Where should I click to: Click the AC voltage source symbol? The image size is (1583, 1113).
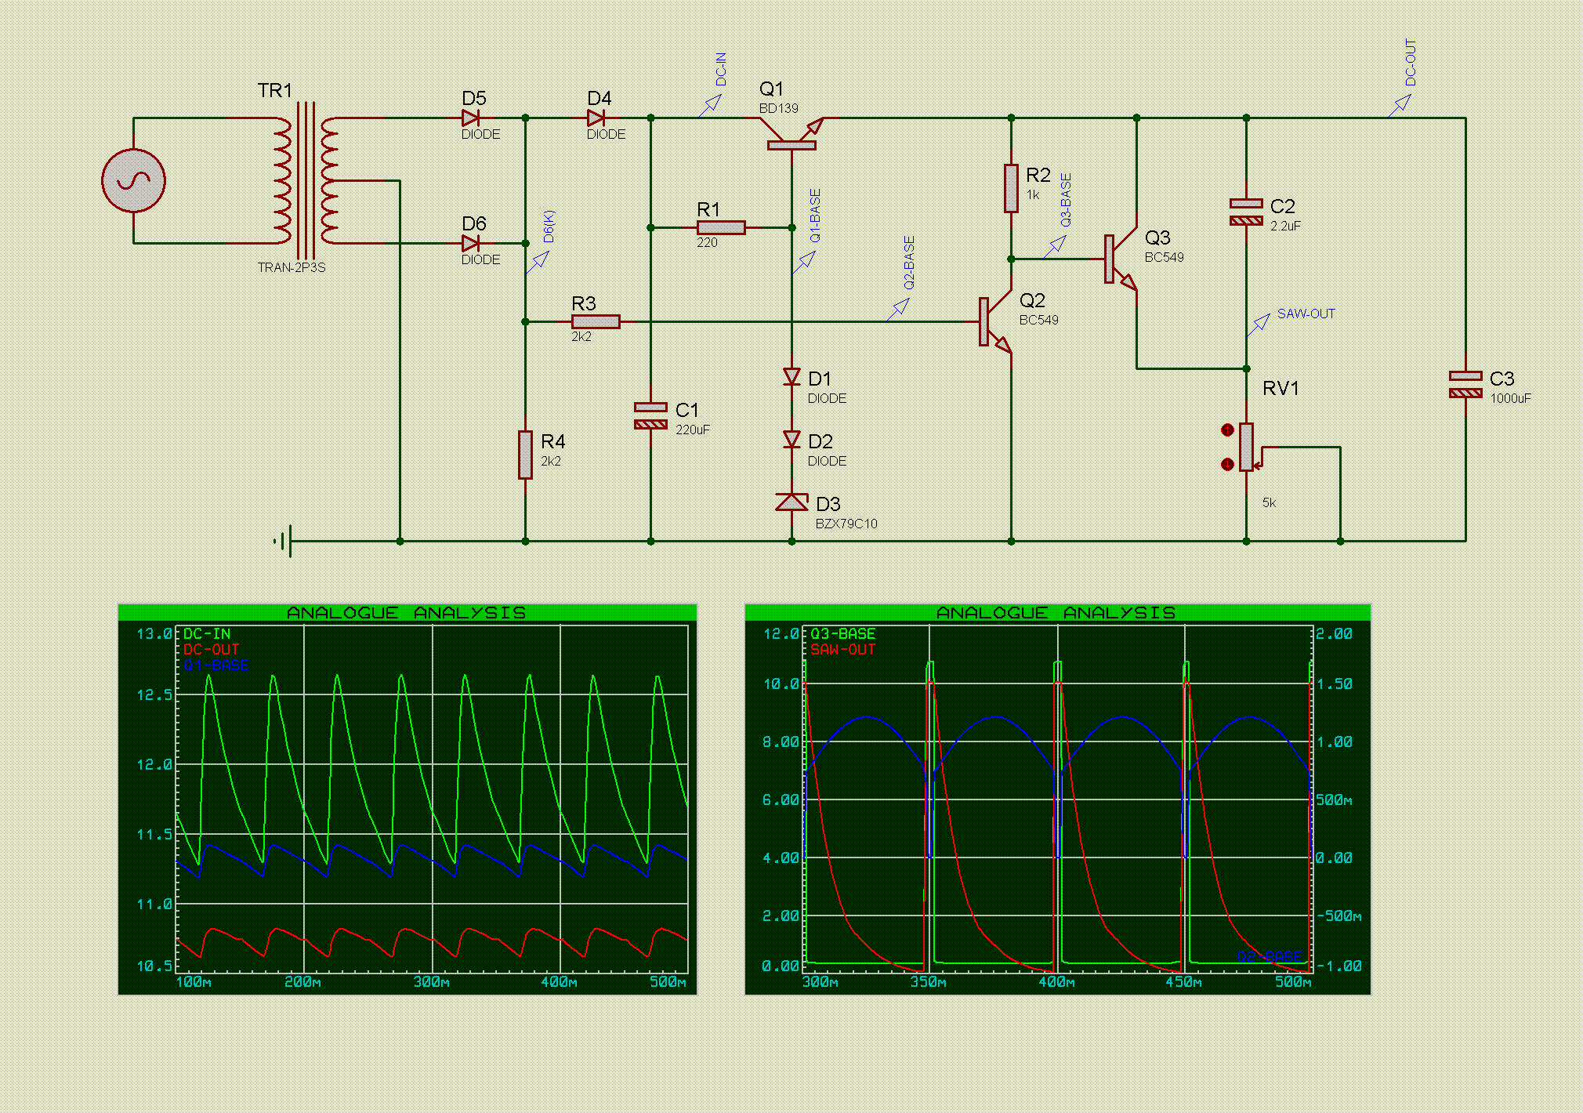[x=133, y=181]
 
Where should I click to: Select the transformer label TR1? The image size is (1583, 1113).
[x=274, y=91]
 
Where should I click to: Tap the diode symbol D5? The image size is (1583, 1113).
[x=470, y=118]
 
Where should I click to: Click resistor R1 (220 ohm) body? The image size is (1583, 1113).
[x=721, y=228]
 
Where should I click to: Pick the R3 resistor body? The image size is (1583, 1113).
[x=596, y=321]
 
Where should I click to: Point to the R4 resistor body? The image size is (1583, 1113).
[x=525, y=455]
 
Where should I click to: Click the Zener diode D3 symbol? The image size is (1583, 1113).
[x=791, y=502]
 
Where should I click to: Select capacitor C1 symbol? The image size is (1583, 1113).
[x=650, y=415]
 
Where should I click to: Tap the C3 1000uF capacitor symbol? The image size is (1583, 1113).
[x=1465, y=384]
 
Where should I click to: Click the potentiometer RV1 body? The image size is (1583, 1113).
[x=1246, y=447]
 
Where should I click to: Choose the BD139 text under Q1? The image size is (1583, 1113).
[x=778, y=108]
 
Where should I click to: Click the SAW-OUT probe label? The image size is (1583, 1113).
[x=1306, y=314]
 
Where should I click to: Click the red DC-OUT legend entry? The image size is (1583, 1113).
[x=211, y=650]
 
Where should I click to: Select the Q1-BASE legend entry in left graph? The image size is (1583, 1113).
[x=216, y=665]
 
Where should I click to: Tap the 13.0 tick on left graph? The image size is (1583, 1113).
[x=154, y=633]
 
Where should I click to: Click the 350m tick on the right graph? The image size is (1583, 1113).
[x=928, y=982]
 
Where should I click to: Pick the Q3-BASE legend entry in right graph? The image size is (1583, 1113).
[x=842, y=633]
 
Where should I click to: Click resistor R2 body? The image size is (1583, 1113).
[x=1011, y=188]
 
